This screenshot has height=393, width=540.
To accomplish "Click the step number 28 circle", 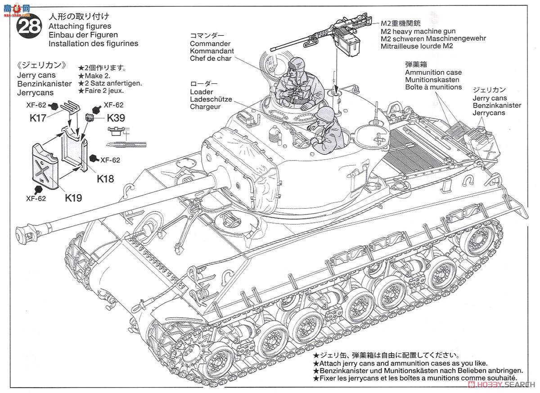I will [x=30, y=27].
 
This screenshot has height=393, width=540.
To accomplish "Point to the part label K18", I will [x=105, y=178].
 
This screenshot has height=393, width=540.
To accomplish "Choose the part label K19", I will [x=73, y=197].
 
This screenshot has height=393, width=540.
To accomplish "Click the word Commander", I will [x=210, y=44].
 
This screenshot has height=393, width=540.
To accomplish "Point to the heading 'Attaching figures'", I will [x=80, y=27].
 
